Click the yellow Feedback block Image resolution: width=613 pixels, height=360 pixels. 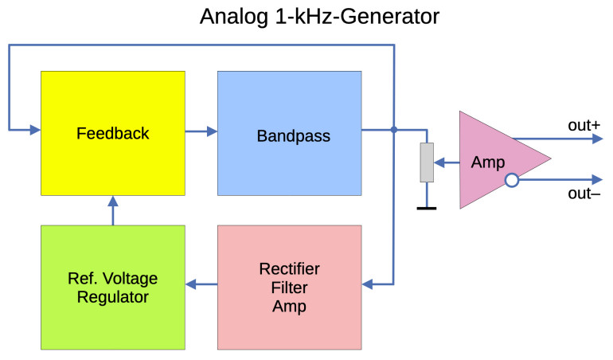[x=112, y=133]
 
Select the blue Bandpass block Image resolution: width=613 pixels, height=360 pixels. [x=290, y=133]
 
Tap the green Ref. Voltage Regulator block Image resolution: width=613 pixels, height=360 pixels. [x=112, y=287]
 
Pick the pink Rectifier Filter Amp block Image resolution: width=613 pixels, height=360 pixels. [x=290, y=287]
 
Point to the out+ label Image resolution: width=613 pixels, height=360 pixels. [x=584, y=125]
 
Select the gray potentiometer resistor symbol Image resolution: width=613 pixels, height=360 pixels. [x=427, y=162]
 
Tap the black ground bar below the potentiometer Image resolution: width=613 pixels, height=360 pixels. [x=427, y=209]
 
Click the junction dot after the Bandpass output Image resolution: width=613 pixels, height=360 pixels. [x=395, y=130]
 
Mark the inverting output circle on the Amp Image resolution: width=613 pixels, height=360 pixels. [x=512, y=181]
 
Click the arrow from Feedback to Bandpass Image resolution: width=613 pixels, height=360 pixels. [x=201, y=130]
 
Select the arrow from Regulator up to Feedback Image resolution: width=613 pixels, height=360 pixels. [x=112, y=210]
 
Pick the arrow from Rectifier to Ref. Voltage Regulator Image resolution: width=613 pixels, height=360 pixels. [x=201, y=284]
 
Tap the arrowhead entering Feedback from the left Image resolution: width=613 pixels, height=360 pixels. [x=34, y=130]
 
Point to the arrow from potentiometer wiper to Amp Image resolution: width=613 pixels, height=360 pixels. [x=447, y=163]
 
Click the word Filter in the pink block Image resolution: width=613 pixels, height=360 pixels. [x=290, y=287]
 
